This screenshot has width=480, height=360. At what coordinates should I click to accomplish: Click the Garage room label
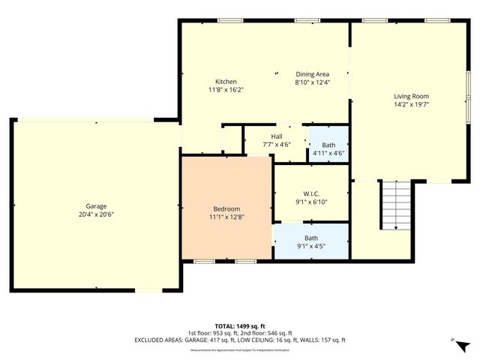coord(95,206)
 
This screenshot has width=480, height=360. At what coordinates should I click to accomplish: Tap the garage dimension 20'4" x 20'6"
coord(95,214)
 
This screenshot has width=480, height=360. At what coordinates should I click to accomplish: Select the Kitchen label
coord(226,82)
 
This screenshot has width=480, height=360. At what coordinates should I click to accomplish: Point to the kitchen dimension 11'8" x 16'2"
coord(226,90)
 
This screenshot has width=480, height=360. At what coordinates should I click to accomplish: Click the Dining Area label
coord(312,74)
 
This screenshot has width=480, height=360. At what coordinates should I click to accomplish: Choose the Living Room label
coord(411,96)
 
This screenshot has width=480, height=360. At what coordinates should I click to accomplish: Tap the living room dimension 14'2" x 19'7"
coord(411,104)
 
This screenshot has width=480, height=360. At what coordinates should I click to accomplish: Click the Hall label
coord(266,136)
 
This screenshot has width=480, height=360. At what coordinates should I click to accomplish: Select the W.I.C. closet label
coord(311,193)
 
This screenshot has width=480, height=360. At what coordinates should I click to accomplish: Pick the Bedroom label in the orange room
coord(226,208)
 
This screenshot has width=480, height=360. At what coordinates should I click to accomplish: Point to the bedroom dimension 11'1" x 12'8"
coord(226,217)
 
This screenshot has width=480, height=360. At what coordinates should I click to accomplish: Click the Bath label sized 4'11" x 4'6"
coord(328,144)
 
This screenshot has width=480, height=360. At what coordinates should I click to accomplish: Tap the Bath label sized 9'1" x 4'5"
coord(311,238)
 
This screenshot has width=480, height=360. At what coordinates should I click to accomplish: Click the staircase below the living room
coord(396,205)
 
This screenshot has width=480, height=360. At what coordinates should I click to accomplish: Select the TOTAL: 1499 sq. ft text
coord(240,326)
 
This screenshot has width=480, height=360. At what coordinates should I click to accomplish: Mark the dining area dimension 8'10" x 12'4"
coord(312,82)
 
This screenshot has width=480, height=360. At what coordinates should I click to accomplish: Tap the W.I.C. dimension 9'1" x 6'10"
coord(311,201)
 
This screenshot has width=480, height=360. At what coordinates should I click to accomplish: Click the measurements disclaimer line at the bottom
coord(240,349)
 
